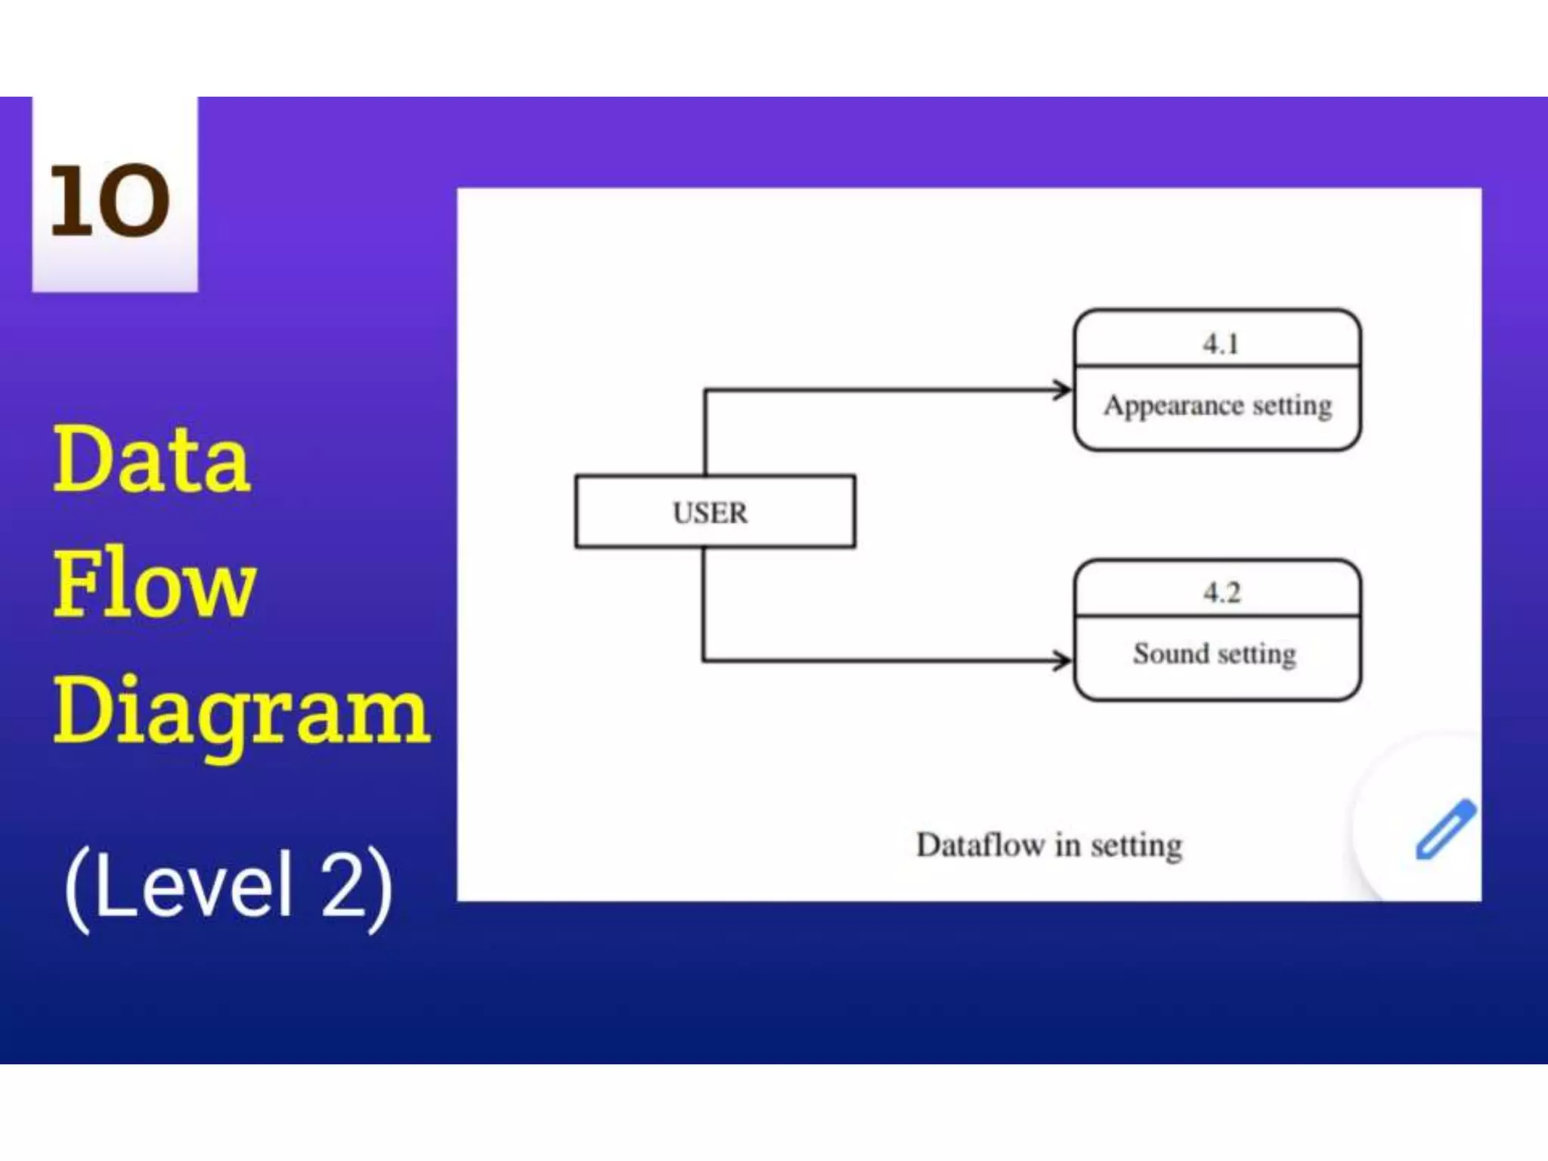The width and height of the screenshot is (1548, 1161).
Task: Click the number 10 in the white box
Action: [110, 200]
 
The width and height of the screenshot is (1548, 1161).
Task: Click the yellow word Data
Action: [151, 459]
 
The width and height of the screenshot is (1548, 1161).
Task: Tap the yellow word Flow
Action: [155, 584]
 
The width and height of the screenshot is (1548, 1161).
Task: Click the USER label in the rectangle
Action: [710, 512]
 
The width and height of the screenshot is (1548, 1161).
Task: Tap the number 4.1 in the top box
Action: [1220, 344]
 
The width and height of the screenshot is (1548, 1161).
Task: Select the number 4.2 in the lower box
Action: [1221, 592]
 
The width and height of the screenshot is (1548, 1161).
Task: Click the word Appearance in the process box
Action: [1173, 406]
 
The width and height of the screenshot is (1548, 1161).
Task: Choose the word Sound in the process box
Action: [1171, 653]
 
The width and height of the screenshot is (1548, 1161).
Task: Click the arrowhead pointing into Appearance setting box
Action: [1063, 390]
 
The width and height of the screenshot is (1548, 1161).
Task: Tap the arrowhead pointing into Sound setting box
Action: [1063, 661]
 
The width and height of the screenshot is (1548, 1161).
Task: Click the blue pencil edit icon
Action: [1444, 830]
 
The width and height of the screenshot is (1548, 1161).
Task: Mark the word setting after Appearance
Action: [1292, 406]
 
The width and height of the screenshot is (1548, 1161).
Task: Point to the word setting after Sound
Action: [1256, 654]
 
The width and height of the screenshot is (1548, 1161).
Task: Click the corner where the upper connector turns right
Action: [705, 390]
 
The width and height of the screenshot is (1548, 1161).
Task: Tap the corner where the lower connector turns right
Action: [704, 661]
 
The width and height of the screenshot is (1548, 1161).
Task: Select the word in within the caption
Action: [1067, 844]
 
